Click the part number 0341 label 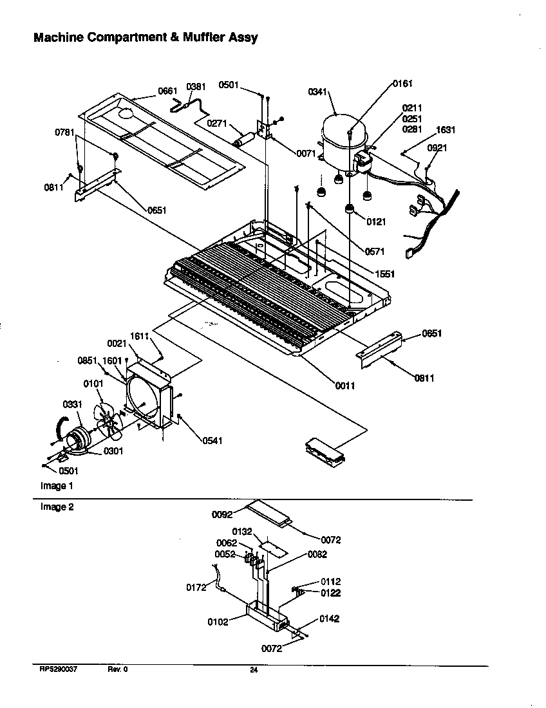click(318, 92)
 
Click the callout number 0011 click(344, 386)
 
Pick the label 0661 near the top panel click(167, 91)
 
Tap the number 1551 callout click(384, 274)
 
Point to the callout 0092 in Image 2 click(221, 514)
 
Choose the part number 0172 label click(196, 587)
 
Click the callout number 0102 click(218, 622)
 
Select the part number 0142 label click(328, 619)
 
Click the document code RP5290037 click(59, 669)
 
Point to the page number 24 click(254, 670)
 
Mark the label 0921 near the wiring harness click(436, 147)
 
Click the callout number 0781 click(65, 133)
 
